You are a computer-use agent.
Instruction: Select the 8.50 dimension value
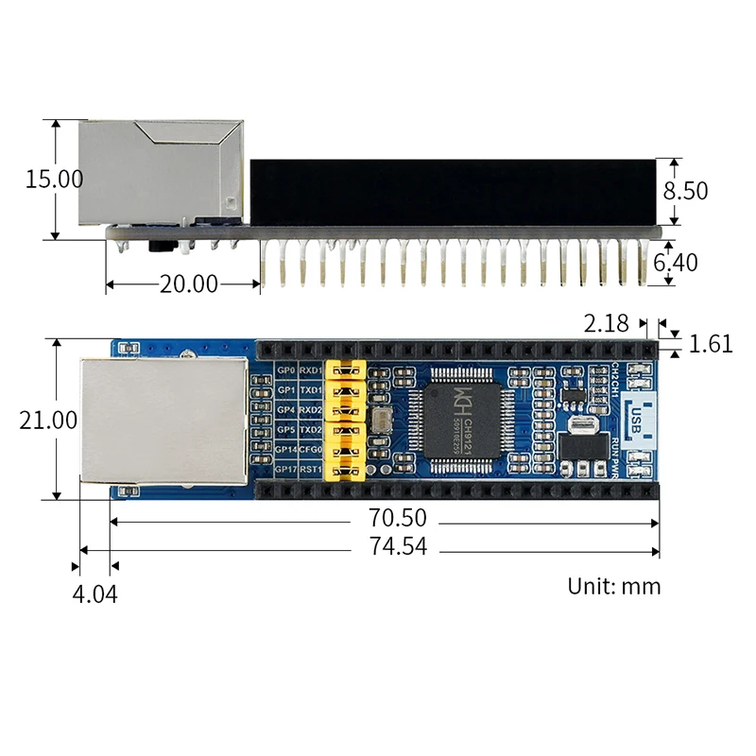684,191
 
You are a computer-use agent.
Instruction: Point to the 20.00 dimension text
188,283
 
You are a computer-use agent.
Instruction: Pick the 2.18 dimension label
606,324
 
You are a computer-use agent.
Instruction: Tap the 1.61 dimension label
711,345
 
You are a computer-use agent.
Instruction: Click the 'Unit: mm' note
614,586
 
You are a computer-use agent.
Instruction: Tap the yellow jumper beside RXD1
345,370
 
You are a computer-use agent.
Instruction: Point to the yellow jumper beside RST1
345,470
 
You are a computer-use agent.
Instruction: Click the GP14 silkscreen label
284,450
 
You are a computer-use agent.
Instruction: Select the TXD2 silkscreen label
311,430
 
